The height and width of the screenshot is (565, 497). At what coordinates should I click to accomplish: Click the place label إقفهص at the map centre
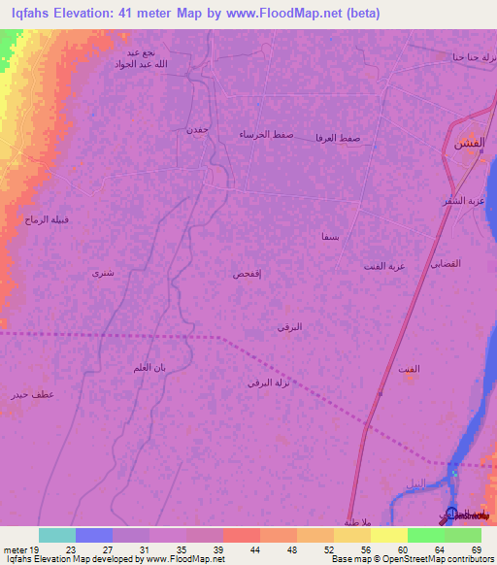click(247, 276)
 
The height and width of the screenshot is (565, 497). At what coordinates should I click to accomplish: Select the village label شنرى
click(102, 273)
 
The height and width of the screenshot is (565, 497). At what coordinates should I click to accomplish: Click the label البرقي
click(289, 327)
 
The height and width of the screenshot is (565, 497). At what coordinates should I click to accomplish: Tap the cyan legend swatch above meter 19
click(57, 535)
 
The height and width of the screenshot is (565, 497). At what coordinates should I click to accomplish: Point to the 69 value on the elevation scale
click(477, 548)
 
